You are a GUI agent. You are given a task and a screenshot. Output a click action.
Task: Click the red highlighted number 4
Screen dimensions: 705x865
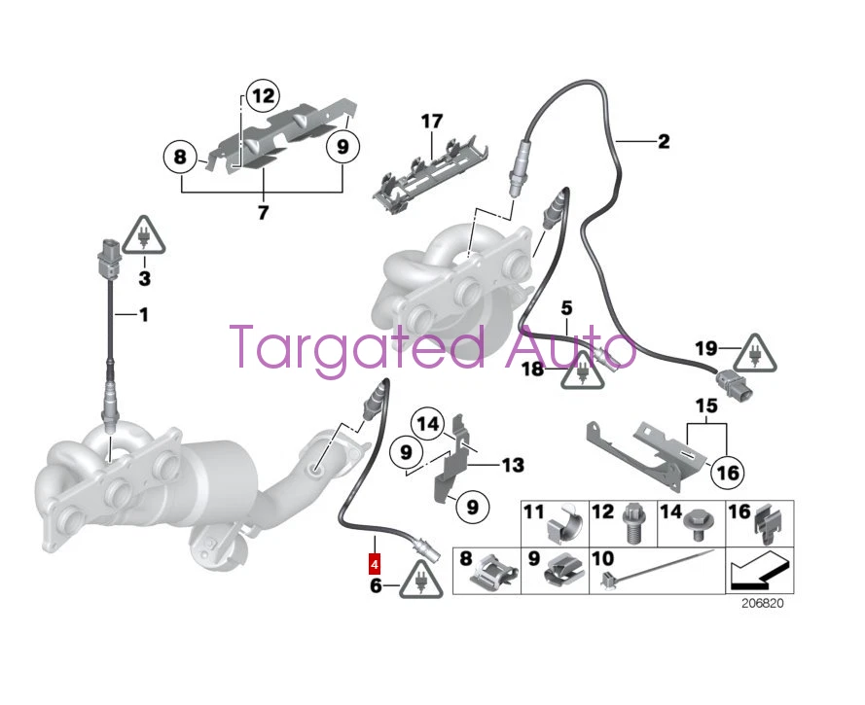pyautogui.click(x=375, y=562)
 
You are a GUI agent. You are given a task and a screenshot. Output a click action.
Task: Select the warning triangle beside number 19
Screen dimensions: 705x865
pyautogui.click(x=756, y=355)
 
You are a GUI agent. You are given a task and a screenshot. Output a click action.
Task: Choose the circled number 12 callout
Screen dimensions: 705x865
pyautogui.click(x=262, y=96)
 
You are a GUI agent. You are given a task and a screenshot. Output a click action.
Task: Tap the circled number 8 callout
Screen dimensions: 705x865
pyautogui.click(x=179, y=155)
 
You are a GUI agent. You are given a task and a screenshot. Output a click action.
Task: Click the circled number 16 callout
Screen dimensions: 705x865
pyautogui.click(x=727, y=473)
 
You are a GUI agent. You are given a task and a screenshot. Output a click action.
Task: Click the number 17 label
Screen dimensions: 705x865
pyautogui.click(x=431, y=122)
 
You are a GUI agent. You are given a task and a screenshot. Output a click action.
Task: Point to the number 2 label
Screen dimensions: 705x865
pyautogui.click(x=664, y=142)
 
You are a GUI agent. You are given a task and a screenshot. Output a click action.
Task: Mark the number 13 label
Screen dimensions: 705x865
pyautogui.click(x=513, y=465)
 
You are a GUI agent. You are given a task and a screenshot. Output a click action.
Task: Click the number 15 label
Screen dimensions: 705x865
pyautogui.click(x=705, y=405)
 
